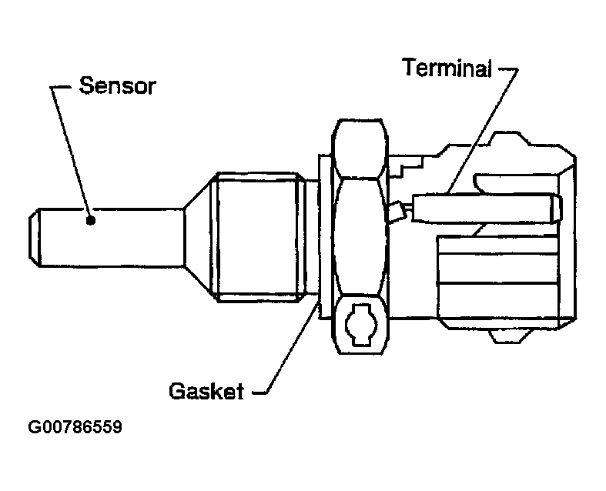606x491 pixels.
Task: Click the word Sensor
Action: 117,85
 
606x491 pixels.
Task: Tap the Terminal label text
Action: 447,68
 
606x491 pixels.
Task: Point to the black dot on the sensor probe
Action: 92,221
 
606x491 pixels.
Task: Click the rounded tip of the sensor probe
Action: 33,235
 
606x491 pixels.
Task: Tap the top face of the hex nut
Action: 359,146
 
